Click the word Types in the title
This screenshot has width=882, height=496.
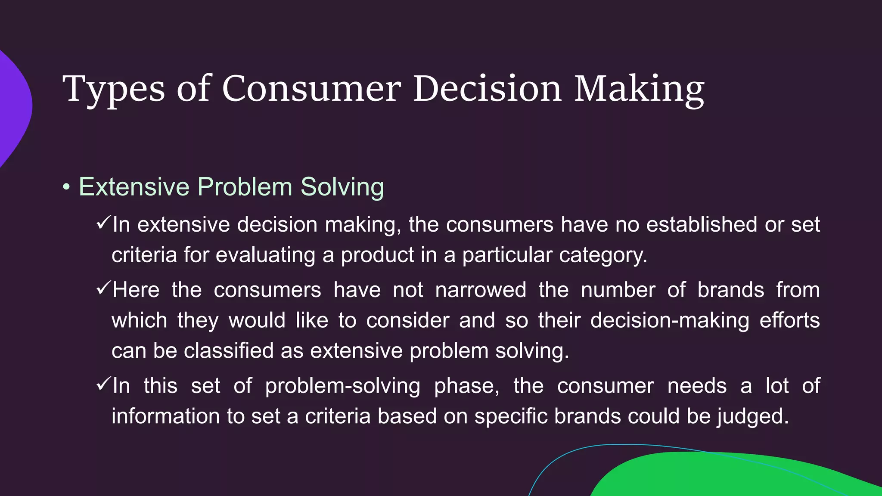113,89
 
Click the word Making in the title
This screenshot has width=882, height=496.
639,89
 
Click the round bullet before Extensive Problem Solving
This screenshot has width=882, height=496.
66,187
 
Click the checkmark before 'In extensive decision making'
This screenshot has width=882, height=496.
103,223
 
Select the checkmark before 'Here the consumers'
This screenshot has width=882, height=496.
103,288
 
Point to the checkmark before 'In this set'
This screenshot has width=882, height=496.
103,384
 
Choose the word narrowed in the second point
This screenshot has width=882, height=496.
481,290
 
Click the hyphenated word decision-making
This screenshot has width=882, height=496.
670,321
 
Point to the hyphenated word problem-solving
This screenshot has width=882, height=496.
342,386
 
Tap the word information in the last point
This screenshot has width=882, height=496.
165,416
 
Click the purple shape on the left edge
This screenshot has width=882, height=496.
13,108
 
